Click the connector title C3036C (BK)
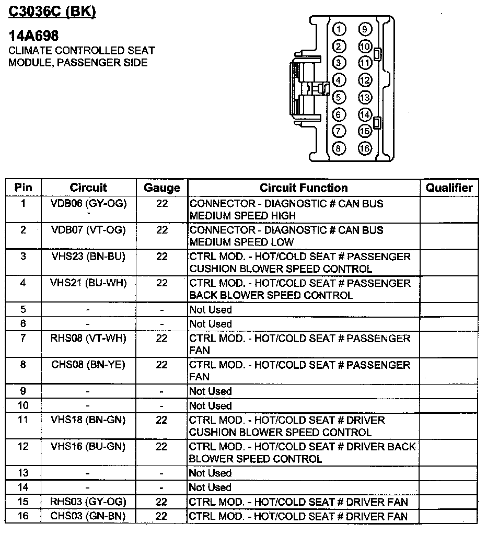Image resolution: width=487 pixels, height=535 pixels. pos(52,11)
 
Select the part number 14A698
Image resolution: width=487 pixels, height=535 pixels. pos(33,36)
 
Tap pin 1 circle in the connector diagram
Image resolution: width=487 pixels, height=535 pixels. pos(339,29)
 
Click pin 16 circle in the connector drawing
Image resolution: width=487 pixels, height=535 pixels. pos(365,148)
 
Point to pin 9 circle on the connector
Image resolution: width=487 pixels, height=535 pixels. pos(365,29)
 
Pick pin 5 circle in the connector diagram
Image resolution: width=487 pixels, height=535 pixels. pos(339,97)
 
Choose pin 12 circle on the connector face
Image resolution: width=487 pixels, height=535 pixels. pos(365,80)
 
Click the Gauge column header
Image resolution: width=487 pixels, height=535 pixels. pos(162,188)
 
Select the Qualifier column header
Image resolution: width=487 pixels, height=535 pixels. pos(449,188)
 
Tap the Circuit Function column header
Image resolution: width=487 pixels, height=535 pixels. pos(304,188)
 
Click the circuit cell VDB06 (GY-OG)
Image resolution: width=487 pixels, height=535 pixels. pos(88,203)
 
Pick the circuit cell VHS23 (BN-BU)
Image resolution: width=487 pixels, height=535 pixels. pos(88,257)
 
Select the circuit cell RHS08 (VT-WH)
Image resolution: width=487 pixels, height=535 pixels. pos(88,338)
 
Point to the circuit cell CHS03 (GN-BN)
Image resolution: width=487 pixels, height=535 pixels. pos(88,516)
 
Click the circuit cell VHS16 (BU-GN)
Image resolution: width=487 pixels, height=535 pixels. pos(88,446)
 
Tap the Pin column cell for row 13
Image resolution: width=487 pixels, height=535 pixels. pos(23,473)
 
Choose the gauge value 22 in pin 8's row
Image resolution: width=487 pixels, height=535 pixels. pos(162,365)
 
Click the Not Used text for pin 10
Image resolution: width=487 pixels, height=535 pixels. pos(210,405)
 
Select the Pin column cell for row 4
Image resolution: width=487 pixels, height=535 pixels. pos(23,283)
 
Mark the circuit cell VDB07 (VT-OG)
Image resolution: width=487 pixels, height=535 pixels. pos(88,230)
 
